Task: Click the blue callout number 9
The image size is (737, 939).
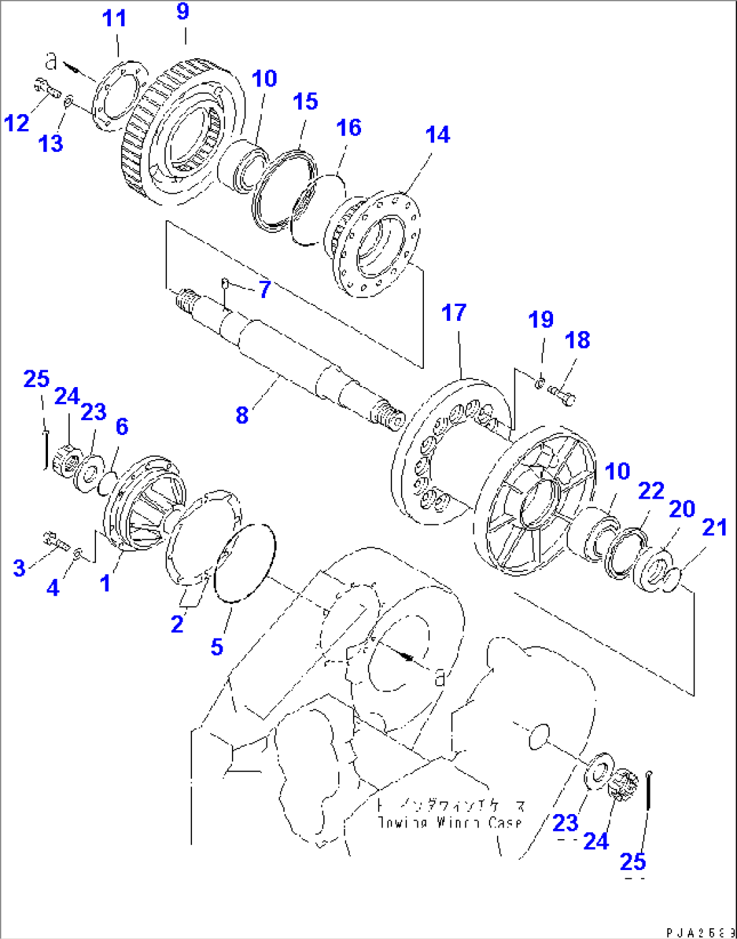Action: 183,12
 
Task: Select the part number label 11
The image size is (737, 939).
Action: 114,19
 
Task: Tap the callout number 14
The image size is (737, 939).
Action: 437,134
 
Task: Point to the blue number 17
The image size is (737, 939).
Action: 454,313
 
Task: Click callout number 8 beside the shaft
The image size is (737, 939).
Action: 242,415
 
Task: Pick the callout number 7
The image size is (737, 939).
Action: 264,289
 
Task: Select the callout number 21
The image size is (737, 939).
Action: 715,528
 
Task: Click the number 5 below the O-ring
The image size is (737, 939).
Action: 216,646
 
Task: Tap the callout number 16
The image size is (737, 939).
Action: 348,127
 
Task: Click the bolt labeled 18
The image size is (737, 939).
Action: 561,395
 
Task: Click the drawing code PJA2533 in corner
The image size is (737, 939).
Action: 699,932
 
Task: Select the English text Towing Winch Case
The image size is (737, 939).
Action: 450,823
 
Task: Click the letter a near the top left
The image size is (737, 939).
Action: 51,61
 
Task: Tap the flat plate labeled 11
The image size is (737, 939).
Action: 118,95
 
